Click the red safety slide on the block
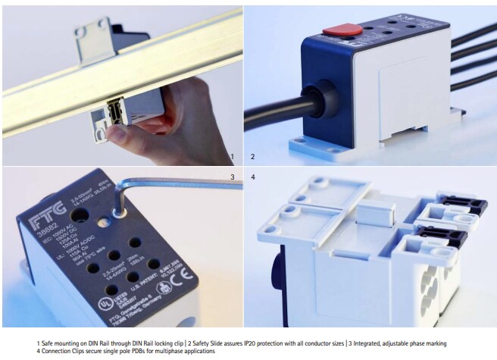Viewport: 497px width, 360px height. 342,33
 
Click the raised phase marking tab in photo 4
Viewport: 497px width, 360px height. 374,214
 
